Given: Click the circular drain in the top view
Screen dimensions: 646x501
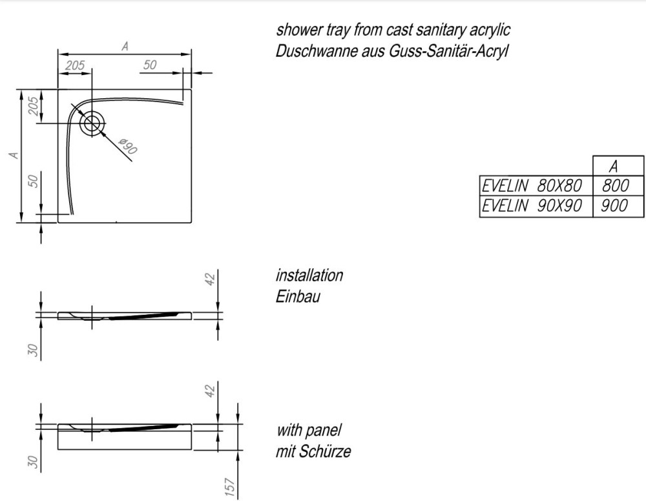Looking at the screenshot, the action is [x=92, y=123].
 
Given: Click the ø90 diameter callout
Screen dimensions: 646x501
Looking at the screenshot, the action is [x=128, y=146].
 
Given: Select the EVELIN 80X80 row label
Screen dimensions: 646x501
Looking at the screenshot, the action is [x=532, y=186].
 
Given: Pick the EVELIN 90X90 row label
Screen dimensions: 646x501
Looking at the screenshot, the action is [x=532, y=206].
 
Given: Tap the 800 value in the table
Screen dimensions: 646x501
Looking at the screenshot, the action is [x=616, y=186].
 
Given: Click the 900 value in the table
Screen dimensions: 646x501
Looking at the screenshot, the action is [x=615, y=206].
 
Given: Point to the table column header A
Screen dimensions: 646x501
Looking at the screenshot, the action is [x=614, y=167].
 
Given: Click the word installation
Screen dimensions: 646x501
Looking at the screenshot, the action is [x=309, y=275].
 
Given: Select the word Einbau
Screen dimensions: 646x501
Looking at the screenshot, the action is [x=298, y=297].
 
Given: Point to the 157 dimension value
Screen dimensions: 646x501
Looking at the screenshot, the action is [x=230, y=487].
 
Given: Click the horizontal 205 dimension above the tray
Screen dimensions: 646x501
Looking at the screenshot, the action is [x=75, y=65].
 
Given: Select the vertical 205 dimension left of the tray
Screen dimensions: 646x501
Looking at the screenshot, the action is [x=34, y=106].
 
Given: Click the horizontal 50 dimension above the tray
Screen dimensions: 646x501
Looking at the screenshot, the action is [x=150, y=65].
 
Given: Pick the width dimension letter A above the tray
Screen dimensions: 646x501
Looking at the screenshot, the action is [x=125, y=46].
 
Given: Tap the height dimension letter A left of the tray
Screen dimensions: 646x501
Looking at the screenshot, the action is [x=14, y=155].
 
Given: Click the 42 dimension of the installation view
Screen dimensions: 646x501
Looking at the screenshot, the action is [x=210, y=279].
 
